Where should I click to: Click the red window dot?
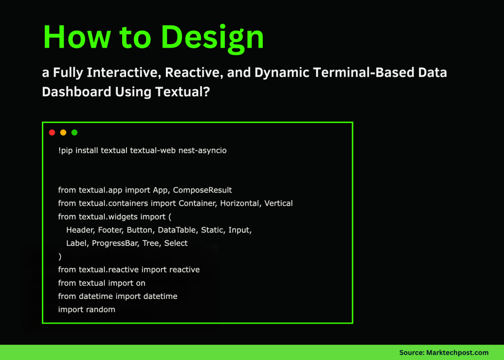pos(52,132)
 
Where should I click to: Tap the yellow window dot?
pos(63,132)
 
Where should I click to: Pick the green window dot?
pos(75,132)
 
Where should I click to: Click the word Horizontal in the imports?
pos(240,203)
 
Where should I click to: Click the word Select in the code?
pos(176,243)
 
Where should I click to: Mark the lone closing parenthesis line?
pos(60,257)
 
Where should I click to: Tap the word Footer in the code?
pos(110,230)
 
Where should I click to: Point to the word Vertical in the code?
pos(279,203)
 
